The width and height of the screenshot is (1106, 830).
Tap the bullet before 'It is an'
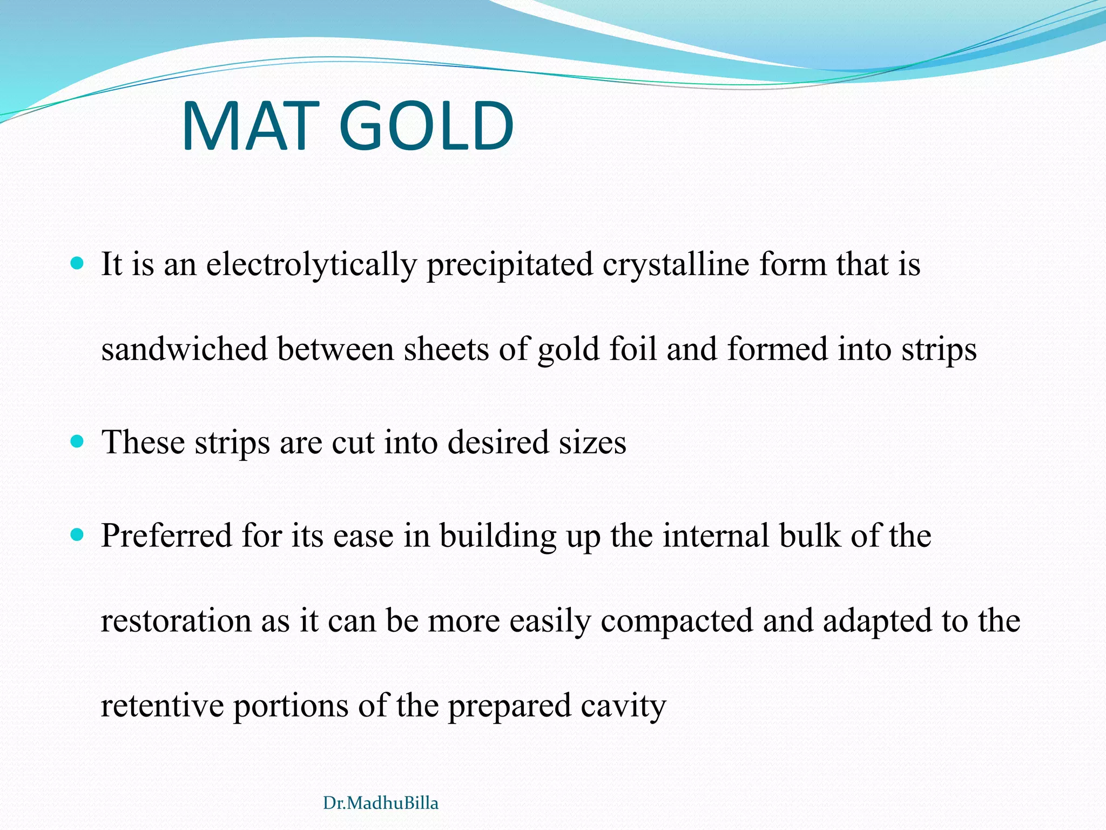(78, 264)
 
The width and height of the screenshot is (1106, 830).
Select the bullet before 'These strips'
(78, 441)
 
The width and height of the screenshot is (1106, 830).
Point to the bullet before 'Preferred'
(78, 535)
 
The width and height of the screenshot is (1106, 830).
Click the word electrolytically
(312, 265)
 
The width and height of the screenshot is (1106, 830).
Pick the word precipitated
(510, 265)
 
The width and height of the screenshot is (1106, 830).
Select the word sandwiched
(184, 349)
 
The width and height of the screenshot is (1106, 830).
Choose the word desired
(498, 443)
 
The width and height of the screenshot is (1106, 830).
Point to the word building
(497, 536)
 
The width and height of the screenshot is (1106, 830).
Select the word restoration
(176, 621)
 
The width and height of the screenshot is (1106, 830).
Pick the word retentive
(162, 706)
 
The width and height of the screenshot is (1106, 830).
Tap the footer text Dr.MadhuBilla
(380, 803)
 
